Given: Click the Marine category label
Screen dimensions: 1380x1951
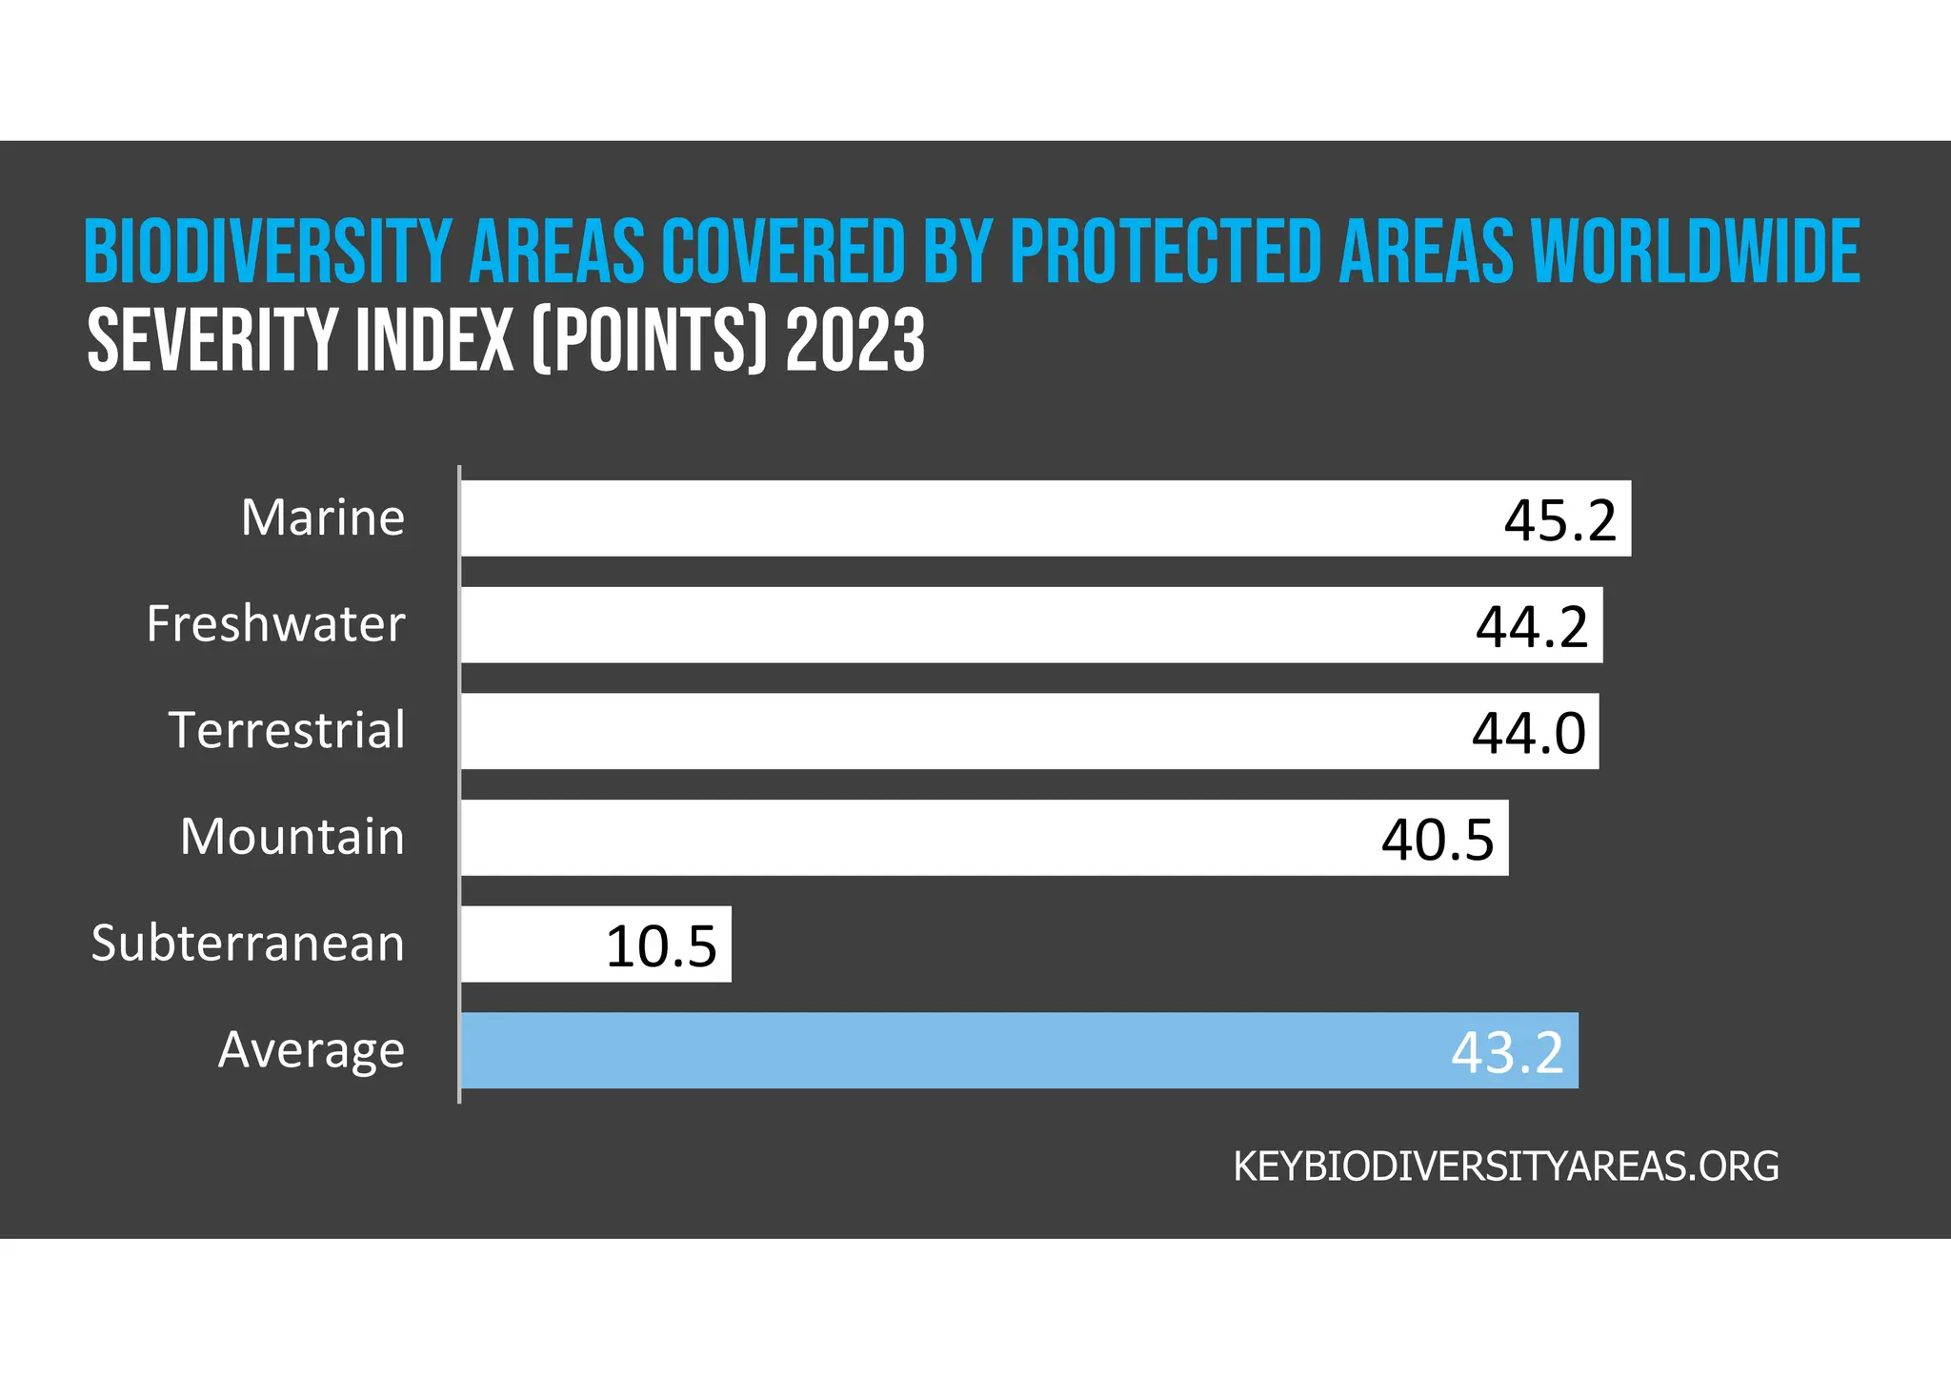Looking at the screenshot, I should point(323,518).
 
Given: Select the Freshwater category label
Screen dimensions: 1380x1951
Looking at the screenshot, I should point(275,625).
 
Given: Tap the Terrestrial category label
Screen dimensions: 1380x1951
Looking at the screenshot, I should point(287,731).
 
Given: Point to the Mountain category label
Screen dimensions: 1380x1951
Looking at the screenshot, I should point(292,838).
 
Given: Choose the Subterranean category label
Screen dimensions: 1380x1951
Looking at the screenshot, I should point(248,944).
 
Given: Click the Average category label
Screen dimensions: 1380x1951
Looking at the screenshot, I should point(312,1050).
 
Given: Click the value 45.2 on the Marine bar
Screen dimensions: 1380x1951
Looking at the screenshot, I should point(1560,520).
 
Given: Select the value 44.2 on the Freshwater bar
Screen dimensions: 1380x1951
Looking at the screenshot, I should point(1532,627).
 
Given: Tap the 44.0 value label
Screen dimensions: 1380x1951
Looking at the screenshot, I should point(1528,733).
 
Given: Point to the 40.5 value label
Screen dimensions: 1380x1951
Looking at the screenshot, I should point(1438,840).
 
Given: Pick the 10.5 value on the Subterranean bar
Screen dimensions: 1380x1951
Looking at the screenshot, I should point(661,946).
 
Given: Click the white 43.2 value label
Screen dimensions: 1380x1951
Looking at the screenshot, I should point(1507,1052).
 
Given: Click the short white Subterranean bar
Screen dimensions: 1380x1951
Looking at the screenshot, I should point(533,944).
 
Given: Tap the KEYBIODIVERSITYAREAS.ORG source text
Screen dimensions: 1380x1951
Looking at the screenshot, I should point(1506,1167).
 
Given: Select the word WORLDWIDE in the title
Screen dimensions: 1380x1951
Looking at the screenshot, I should point(1695,252).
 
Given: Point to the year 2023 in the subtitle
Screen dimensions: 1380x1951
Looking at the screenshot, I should point(855,340).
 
